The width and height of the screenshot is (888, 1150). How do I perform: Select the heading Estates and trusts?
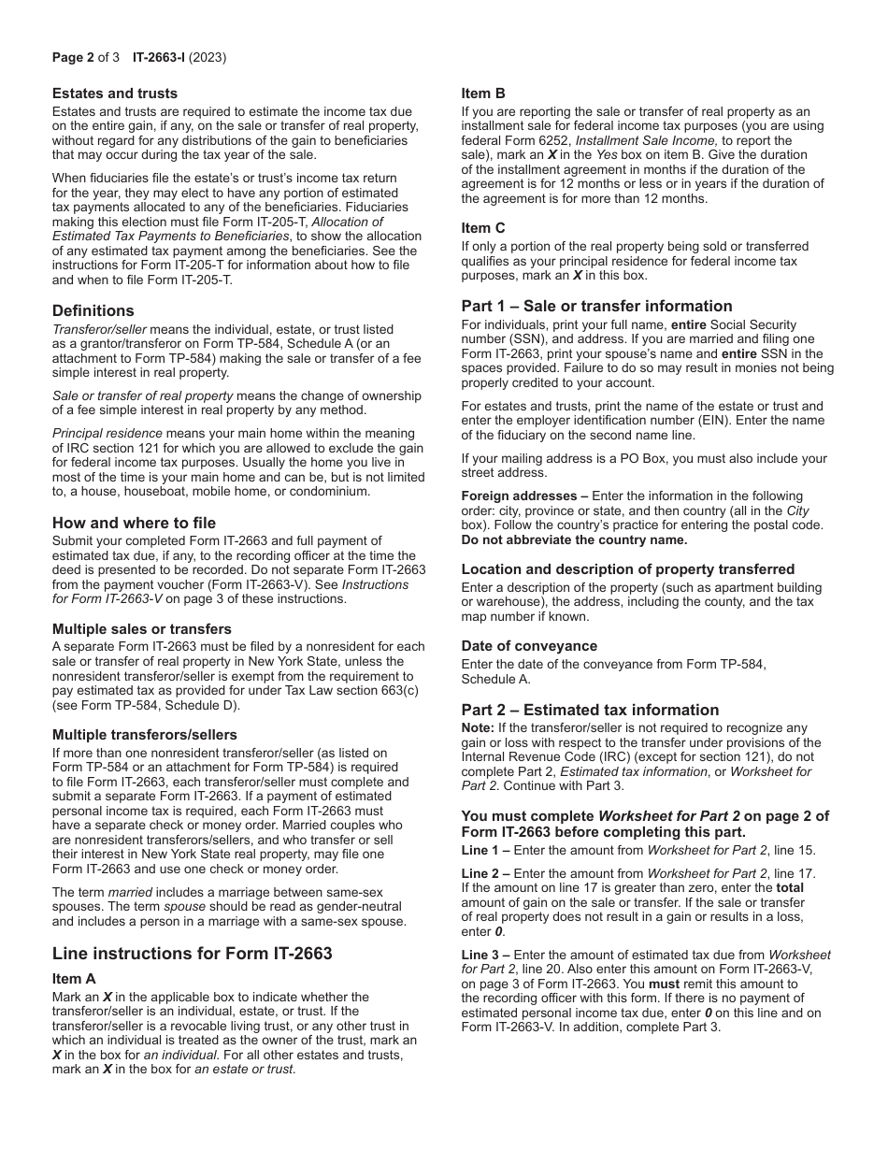(114, 93)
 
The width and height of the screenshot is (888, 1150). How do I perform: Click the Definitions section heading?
(93, 310)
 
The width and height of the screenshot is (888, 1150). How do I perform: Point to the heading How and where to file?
(134, 523)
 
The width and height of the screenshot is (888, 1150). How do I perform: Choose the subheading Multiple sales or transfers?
(141, 629)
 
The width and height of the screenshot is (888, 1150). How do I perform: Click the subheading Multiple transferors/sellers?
(144, 735)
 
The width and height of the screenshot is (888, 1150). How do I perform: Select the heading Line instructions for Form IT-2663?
(192, 954)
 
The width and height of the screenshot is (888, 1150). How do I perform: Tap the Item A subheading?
(74, 979)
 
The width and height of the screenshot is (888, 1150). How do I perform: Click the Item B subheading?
(483, 93)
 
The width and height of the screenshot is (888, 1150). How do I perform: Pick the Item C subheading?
(483, 228)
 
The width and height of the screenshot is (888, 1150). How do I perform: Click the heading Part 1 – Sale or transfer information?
(596, 306)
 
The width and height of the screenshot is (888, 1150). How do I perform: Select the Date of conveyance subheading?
(528, 646)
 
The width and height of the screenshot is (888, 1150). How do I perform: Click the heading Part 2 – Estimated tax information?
(590, 710)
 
